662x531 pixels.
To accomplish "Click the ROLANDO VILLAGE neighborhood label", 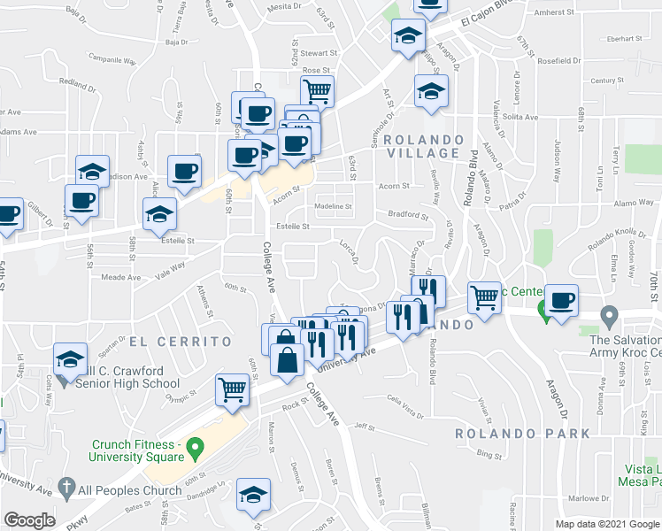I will [x=423, y=146].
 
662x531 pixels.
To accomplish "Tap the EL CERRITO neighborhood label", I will [x=181, y=341].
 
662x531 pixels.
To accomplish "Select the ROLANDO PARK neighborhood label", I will [x=522, y=434].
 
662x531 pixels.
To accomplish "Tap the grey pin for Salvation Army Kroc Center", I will [x=609, y=315].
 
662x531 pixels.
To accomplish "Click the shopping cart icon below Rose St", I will [x=317, y=88].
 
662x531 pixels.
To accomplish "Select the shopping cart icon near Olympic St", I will [x=232, y=387].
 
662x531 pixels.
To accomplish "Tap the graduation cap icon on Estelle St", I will [x=159, y=213].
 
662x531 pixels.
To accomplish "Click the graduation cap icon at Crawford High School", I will [x=70, y=358].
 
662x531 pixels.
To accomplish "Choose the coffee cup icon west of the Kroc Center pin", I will [x=561, y=299].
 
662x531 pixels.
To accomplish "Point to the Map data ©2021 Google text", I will [x=606, y=523].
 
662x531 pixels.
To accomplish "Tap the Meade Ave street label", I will [x=122, y=277].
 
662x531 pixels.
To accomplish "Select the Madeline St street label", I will [x=334, y=207].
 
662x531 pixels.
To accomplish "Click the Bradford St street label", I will [x=407, y=215].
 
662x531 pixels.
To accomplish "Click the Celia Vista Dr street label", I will [x=404, y=400].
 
